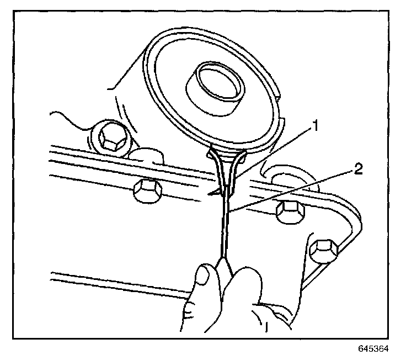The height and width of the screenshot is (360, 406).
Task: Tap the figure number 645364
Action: point(373,349)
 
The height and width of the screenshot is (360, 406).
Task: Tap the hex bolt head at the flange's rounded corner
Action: point(322,250)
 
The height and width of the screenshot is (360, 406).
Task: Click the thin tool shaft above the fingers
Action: point(225,226)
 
